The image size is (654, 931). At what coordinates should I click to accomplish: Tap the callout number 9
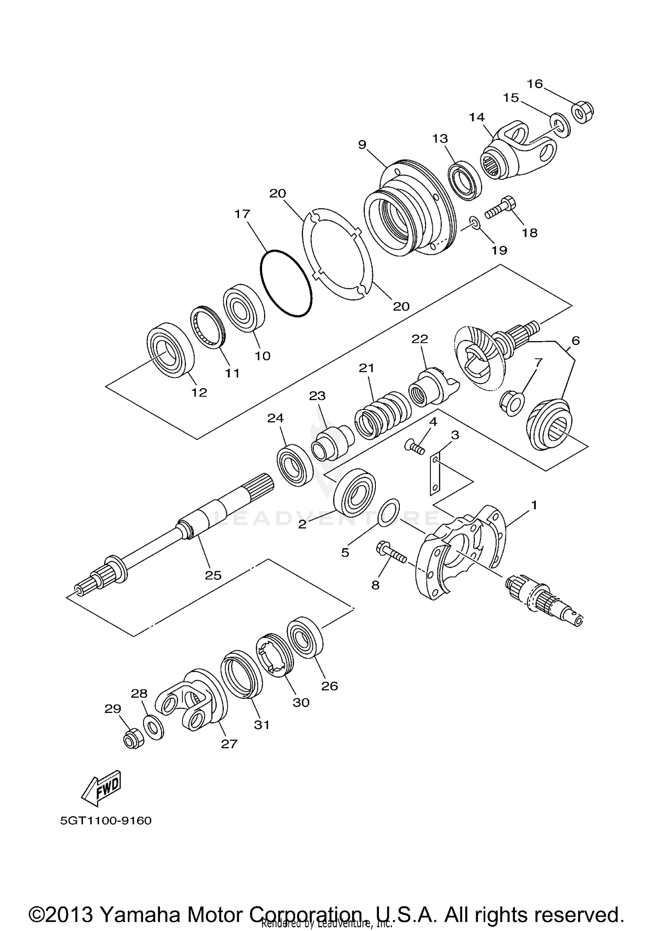click(x=362, y=145)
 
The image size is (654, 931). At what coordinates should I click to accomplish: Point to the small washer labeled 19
click(x=475, y=224)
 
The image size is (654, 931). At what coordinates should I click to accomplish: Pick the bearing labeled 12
click(x=170, y=350)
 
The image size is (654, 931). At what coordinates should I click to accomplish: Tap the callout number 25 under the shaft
click(x=213, y=575)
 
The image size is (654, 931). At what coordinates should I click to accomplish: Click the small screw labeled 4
click(x=414, y=447)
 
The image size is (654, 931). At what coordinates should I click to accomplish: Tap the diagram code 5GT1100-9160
click(x=106, y=821)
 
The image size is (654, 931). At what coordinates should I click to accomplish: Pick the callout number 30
click(x=301, y=702)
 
